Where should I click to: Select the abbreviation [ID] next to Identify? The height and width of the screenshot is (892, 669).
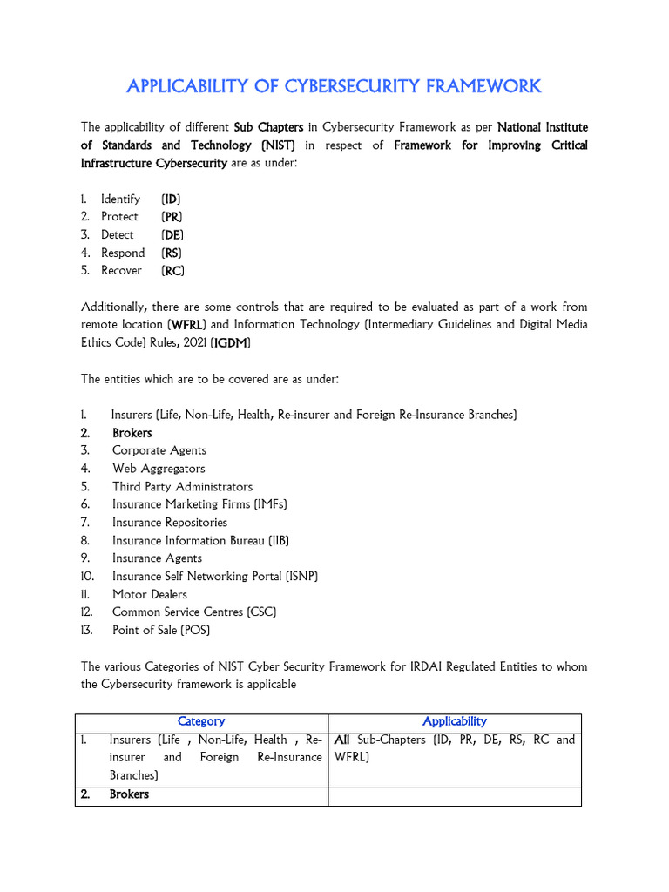(172, 199)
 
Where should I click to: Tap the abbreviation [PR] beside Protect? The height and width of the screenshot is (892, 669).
(172, 217)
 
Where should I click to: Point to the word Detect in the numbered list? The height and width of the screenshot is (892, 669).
(118, 234)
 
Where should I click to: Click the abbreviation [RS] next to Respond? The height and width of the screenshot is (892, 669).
(172, 253)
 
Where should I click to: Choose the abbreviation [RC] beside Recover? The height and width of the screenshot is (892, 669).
(172, 270)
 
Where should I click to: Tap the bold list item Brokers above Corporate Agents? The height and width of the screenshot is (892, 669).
(132, 433)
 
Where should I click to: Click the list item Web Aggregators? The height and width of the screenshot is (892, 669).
(159, 469)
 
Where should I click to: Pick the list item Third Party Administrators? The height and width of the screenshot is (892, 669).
(182, 487)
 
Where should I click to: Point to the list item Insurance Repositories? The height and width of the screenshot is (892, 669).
(170, 523)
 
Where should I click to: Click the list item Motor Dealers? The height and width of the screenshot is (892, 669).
(150, 594)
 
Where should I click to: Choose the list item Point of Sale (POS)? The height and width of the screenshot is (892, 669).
(161, 630)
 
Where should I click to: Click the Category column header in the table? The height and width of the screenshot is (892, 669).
(201, 721)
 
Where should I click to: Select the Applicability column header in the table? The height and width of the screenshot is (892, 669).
(454, 721)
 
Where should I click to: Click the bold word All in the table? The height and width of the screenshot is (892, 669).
(342, 740)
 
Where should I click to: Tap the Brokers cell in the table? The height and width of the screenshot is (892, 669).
(129, 794)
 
